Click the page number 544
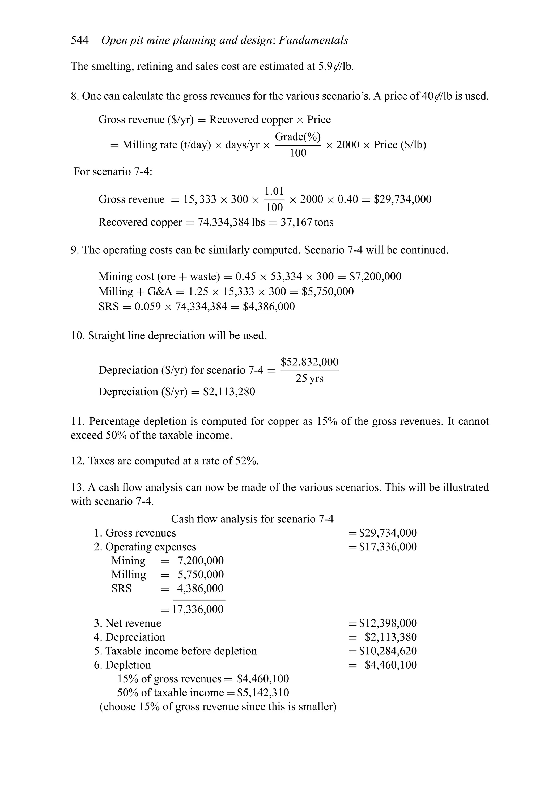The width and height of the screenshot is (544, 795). coord(79,40)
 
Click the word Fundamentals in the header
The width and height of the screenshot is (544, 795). coord(313,40)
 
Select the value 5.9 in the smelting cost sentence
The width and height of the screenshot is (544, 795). coord(325,66)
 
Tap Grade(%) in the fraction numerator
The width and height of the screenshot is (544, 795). coord(298,137)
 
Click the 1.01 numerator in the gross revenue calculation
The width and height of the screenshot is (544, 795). coord(274,191)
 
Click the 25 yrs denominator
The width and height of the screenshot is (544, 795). coord(309,379)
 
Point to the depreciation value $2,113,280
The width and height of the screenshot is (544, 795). coord(229,392)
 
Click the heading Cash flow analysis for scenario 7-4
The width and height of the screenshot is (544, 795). coord(252,519)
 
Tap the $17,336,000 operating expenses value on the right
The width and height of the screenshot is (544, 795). coord(388,547)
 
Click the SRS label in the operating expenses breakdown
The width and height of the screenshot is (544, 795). coord(121,588)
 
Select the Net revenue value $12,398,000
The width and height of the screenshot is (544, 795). coord(388,623)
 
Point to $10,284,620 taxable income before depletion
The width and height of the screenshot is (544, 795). coord(388,651)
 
